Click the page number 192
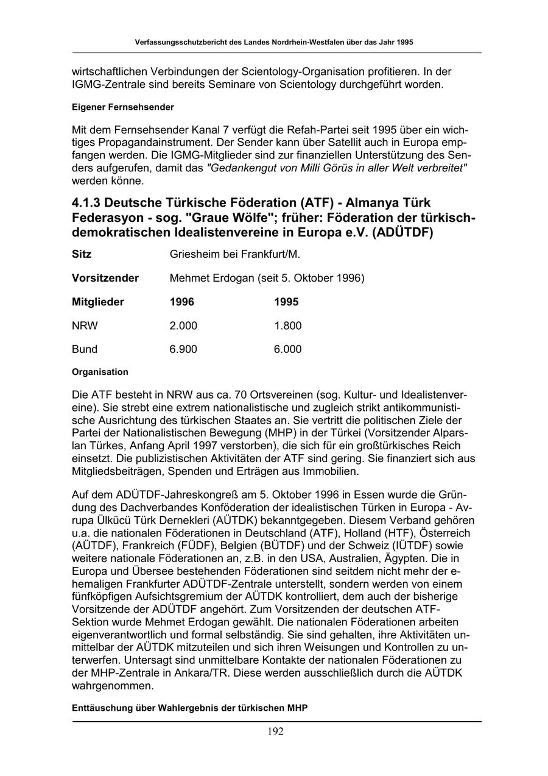pyautogui.click(x=275, y=732)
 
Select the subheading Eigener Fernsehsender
pyautogui.click(x=122, y=107)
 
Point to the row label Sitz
pyautogui.click(x=82, y=254)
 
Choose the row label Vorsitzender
pyautogui.click(x=105, y=278)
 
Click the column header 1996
pyautogui.click(x=182, y=302)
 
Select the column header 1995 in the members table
pyautogui.click(x=286, y=302)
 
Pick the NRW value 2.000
pyautogui.click(x=183, y=326)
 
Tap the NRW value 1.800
pyautogui.click(x=288, y=326)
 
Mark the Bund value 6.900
pyautogui.click(x=183, y=349)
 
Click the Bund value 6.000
pyautogui.click(x=288, y=349)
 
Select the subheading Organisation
pyautogui.click(x=100, y=372)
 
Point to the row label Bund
pyautogui.click(x=84, y=349)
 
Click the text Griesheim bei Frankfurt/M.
pyautogui.click(x=235, y=254)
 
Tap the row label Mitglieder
pyautogui.click(x=97, y=302)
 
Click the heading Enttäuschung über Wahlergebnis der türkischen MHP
pyautogui.click(x=189, y=708)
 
